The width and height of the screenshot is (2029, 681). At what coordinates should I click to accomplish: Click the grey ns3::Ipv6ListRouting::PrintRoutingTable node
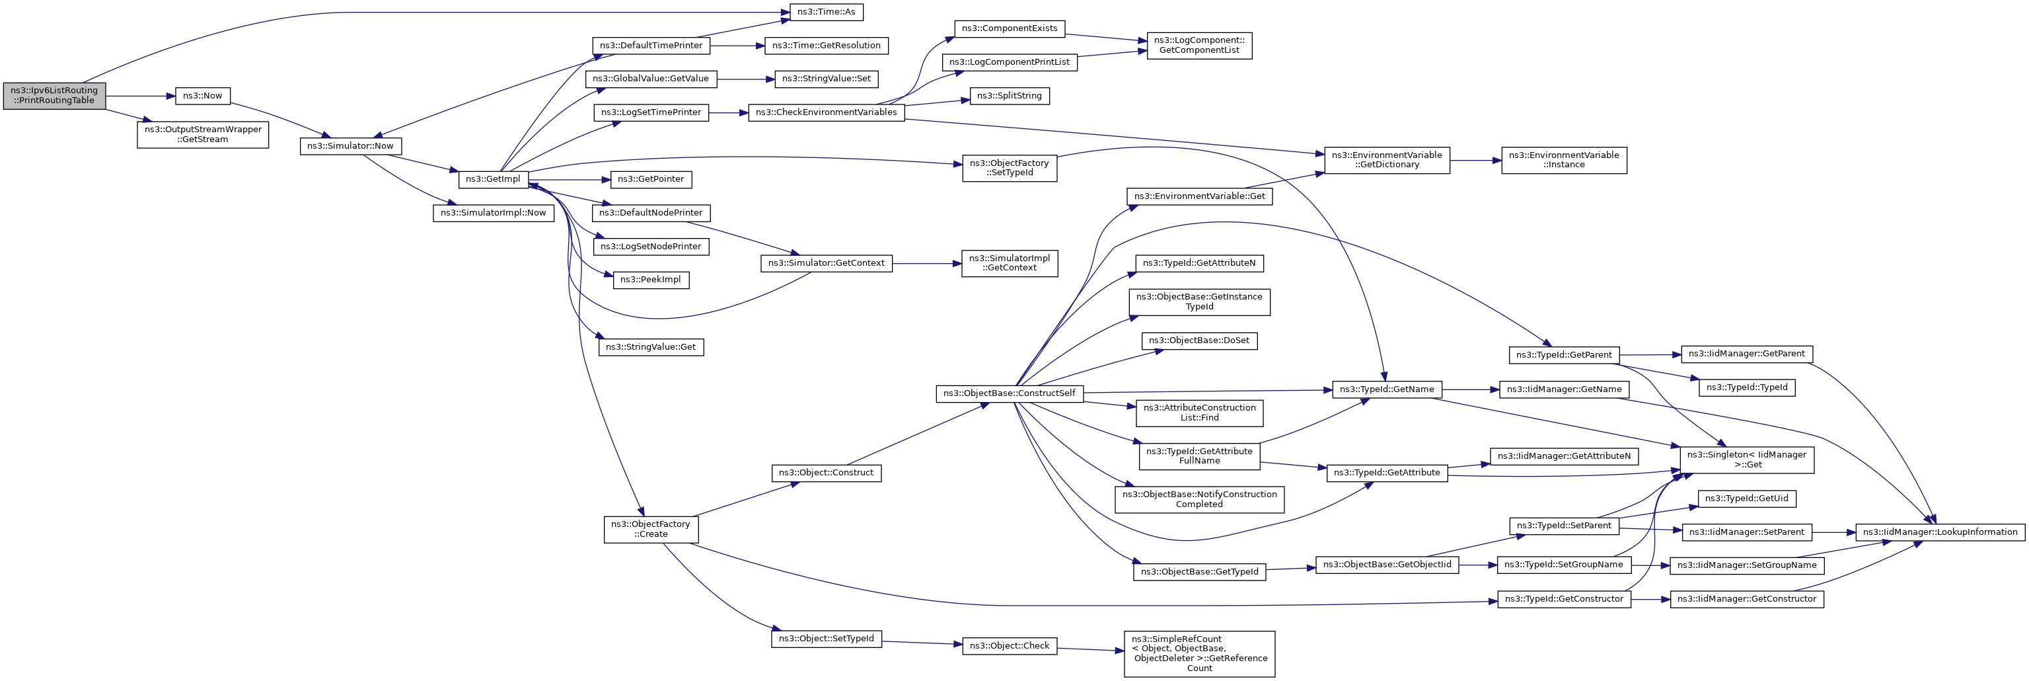(x=54, y=96)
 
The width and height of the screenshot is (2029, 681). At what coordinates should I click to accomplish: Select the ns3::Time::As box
(x=827, y=12)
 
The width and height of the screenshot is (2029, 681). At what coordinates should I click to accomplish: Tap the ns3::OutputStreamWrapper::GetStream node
(x=203, y=135)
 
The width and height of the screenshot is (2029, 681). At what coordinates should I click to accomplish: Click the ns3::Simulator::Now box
(x=351, y=147)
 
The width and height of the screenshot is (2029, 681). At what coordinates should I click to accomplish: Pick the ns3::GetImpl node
(x=493, y=180)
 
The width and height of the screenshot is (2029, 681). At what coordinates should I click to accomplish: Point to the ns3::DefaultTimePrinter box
(x=651, y=46)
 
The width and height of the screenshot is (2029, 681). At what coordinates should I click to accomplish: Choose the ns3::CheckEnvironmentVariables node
(x=827, y=112)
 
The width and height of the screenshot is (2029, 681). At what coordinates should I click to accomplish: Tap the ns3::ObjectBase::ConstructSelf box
(x=1010, y=393)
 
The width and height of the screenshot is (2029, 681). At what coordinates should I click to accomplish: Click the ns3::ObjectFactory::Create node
(x=651, y=530)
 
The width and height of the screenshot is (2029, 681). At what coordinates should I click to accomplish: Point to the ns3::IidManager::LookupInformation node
(x=1939, y=532)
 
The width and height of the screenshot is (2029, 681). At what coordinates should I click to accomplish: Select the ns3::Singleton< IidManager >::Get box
(x=1747, y=460)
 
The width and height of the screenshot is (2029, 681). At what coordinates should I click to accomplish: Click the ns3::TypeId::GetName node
(x=1387, y=389)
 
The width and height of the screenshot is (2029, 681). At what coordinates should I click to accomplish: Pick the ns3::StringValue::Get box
(x=651, y=347)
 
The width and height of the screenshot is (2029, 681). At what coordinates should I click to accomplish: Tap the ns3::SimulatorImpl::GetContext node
(x=1010, y=263)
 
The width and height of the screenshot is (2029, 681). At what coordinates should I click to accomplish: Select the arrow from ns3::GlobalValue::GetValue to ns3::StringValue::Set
(x=745, y=79)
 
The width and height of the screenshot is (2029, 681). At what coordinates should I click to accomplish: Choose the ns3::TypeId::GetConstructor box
(x=1565, y=600)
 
